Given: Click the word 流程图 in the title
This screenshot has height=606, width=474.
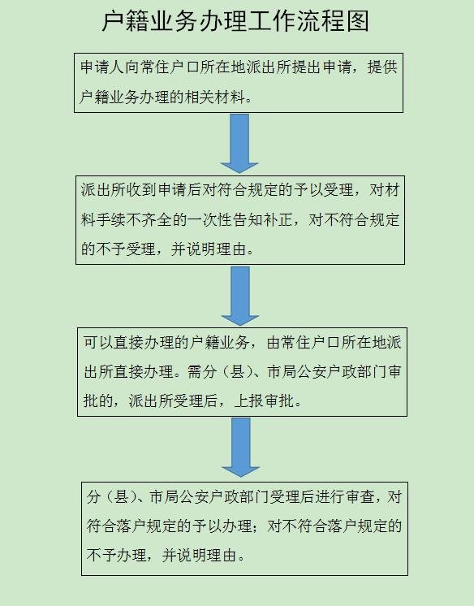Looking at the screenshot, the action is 333,21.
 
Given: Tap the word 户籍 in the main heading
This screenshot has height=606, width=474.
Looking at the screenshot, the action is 125,21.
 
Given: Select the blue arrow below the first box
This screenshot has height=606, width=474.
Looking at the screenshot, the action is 239,144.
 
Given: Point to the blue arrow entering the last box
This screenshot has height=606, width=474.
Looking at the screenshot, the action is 241,448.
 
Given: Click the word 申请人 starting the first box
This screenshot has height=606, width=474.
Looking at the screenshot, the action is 102,67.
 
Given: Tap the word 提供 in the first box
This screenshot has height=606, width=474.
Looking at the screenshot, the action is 382,67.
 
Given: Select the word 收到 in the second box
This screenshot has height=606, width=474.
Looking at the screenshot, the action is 141,190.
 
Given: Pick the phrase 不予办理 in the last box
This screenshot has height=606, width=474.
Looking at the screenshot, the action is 116,556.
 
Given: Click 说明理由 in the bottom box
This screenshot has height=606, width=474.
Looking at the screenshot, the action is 206,556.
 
